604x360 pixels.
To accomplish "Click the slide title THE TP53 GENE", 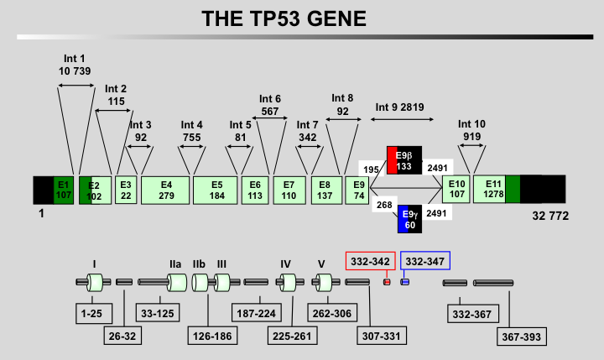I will click(x=284, y=18).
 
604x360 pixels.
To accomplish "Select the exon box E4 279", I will click(x=165, y=190).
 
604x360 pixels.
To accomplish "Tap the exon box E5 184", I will click(x=216, y=190).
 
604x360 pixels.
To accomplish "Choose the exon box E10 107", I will click(x=456, y=190).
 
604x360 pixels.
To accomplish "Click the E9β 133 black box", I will click(x=405, y=160).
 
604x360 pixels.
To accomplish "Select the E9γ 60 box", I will click(x=409, y=219).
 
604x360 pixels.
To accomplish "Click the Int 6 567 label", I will click(x=270, y=105).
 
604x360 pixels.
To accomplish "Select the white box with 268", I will click(x=385, y=205).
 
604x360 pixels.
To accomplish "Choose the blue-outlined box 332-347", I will click(x=425, y=261).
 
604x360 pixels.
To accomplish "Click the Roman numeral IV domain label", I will click(x=285, y=264).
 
